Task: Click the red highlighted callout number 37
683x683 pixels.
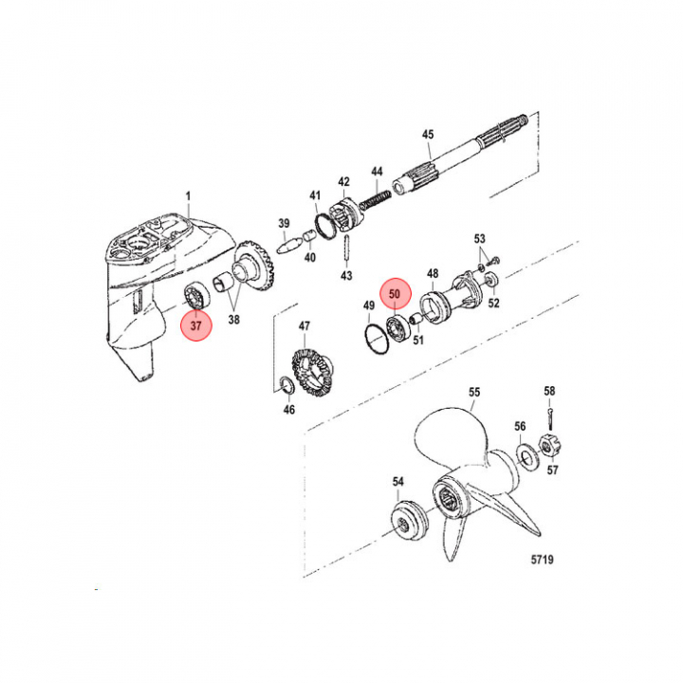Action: [196, 325]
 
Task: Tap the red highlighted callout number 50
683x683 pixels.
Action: [395, 293]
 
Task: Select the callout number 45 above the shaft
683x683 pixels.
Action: [428, 134]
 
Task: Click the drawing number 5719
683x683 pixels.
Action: [543, 560]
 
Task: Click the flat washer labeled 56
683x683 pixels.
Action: [526, 457]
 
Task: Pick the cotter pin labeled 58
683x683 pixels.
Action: [551, 414]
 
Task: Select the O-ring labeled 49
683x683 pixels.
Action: [376, 339]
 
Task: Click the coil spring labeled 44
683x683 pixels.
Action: [376, 198]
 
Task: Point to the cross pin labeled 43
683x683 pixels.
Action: [346, 249]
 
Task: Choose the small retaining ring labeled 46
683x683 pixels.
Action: [286, 384]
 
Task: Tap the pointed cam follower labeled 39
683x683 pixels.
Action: [288, 246]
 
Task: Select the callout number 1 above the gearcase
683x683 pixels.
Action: [188, 196]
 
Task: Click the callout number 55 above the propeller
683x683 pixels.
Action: [474, 392]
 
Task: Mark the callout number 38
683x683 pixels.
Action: [234, 320]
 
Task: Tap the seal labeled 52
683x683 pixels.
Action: [492, 279]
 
